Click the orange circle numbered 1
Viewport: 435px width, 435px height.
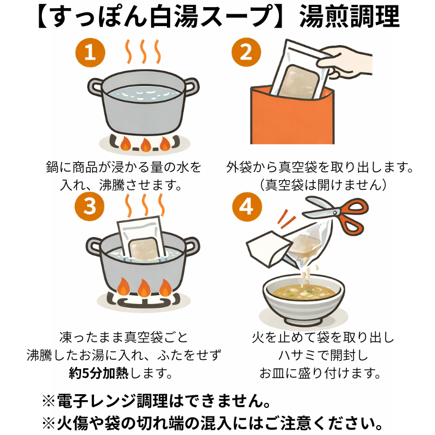(90, 52)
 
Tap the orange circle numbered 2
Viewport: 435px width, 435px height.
(246, 52)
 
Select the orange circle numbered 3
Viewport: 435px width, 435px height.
(89, 207)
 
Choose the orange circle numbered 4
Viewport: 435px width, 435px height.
(247, 207)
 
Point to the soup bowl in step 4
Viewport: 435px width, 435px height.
(303, 298)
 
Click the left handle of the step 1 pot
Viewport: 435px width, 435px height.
(95, 87)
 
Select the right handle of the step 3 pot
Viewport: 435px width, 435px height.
(192, 246)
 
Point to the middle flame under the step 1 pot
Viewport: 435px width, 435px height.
(145, 145)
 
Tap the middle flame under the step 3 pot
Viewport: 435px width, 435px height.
(144, 288)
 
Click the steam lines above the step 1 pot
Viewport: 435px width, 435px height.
(144, 52)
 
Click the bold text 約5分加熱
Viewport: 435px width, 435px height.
(98, 374)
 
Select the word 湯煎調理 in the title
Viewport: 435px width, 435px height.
(350, 17)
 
